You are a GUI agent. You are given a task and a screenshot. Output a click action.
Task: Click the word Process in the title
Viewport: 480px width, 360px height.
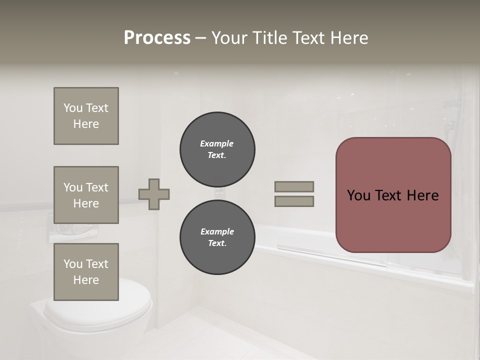tap(157, 38)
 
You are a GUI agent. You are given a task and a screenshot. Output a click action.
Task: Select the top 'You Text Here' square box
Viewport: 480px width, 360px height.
tap(86, 116)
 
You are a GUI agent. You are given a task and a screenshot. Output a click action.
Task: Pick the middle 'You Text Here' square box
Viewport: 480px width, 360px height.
tap(86, 195)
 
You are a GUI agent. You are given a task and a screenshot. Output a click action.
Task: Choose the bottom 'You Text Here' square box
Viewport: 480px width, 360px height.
tap(86, 271)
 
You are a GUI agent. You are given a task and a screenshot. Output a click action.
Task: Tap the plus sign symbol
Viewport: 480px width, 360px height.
tap(154, 194)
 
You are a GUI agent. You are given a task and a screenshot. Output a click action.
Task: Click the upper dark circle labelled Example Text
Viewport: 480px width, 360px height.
tap(217, 149)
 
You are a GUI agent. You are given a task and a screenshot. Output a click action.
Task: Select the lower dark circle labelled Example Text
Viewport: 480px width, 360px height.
tap(217, 237)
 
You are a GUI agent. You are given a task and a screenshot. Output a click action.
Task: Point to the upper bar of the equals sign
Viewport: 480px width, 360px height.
tap(294, 186)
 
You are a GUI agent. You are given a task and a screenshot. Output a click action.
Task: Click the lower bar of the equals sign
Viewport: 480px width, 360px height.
tap(294, 201)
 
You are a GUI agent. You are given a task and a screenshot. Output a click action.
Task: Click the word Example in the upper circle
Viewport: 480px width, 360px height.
tap(216, 143)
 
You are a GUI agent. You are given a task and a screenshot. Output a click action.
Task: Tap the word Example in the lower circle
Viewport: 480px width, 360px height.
tap(217, 231)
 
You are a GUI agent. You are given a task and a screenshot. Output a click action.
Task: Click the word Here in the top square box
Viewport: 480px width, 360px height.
tap(86, 124)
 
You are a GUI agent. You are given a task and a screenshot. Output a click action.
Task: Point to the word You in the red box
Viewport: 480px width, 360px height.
tap(358, 195)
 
